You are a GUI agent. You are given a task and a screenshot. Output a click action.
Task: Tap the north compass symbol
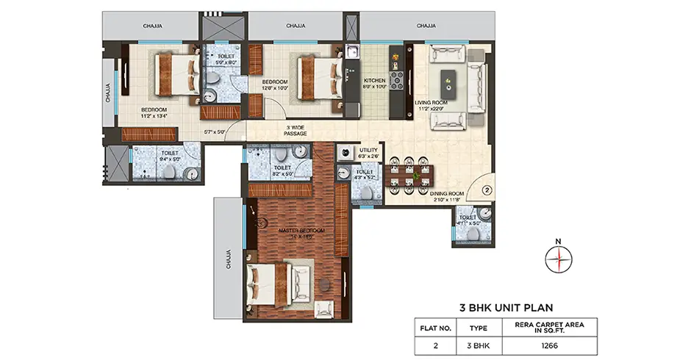[559, 258]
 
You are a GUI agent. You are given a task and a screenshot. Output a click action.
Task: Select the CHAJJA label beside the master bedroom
[229, 259]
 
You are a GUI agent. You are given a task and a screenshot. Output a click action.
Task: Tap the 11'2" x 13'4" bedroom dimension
[156, 115]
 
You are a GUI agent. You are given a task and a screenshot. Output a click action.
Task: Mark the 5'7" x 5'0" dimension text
[215, 132]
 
